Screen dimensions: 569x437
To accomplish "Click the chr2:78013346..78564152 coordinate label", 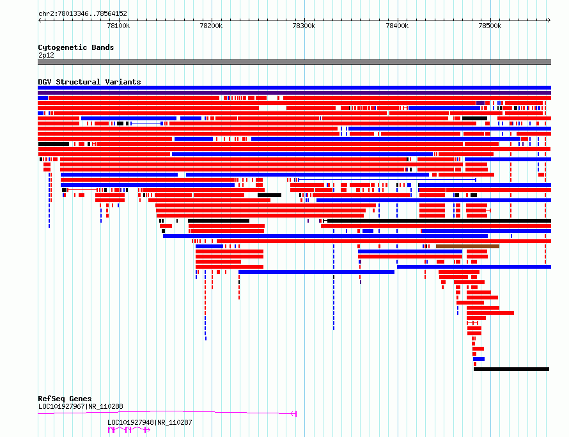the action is pos(82,14).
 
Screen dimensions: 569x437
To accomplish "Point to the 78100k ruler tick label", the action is pos(118,26).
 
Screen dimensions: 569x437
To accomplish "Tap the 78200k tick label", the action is pos(211,26).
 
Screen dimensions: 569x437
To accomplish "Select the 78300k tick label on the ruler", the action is pos(304,26).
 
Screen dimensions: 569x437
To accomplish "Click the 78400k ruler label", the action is pos(397,26).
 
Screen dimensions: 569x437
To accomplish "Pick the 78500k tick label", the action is pos(490,26).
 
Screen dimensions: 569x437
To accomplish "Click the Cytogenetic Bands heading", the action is pos(76,47).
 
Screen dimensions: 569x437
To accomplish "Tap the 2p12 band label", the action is pos(46,55).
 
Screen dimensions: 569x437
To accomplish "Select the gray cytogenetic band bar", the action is pos(294,62).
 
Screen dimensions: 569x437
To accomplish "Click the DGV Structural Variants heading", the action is pos(90,82).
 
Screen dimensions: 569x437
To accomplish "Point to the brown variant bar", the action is pos(467,246).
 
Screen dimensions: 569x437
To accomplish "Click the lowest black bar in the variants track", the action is pos(511,369).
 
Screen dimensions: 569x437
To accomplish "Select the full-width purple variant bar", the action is pos(294,93).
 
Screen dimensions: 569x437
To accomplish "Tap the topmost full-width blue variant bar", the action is pos(294,88).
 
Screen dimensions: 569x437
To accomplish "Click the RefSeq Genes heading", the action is pos(65,399).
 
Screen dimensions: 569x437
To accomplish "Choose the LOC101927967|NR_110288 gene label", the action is pos(81,406).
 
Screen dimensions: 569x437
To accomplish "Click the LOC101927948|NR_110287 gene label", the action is pos(150,422).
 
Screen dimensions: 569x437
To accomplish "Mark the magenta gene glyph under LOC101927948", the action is pos(129,430).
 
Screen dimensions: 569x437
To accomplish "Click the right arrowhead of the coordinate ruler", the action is pos(549,20).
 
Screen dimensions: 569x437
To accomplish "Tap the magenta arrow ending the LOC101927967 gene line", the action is pos(294,414).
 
